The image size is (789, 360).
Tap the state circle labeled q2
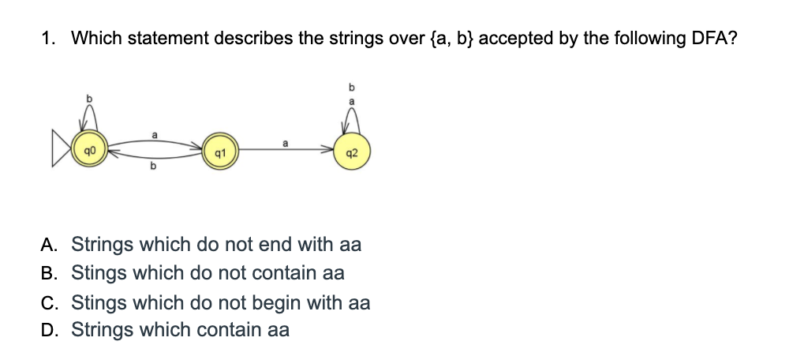pos(352,152)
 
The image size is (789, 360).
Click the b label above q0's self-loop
pos(89,96)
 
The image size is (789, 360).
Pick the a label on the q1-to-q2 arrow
pos(285,143)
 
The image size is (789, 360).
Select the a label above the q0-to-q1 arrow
pos(154,134)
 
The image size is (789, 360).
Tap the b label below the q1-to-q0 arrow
pos(153,167)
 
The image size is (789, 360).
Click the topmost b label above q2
pos(352,85)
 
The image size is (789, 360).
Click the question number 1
pos(47,39)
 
